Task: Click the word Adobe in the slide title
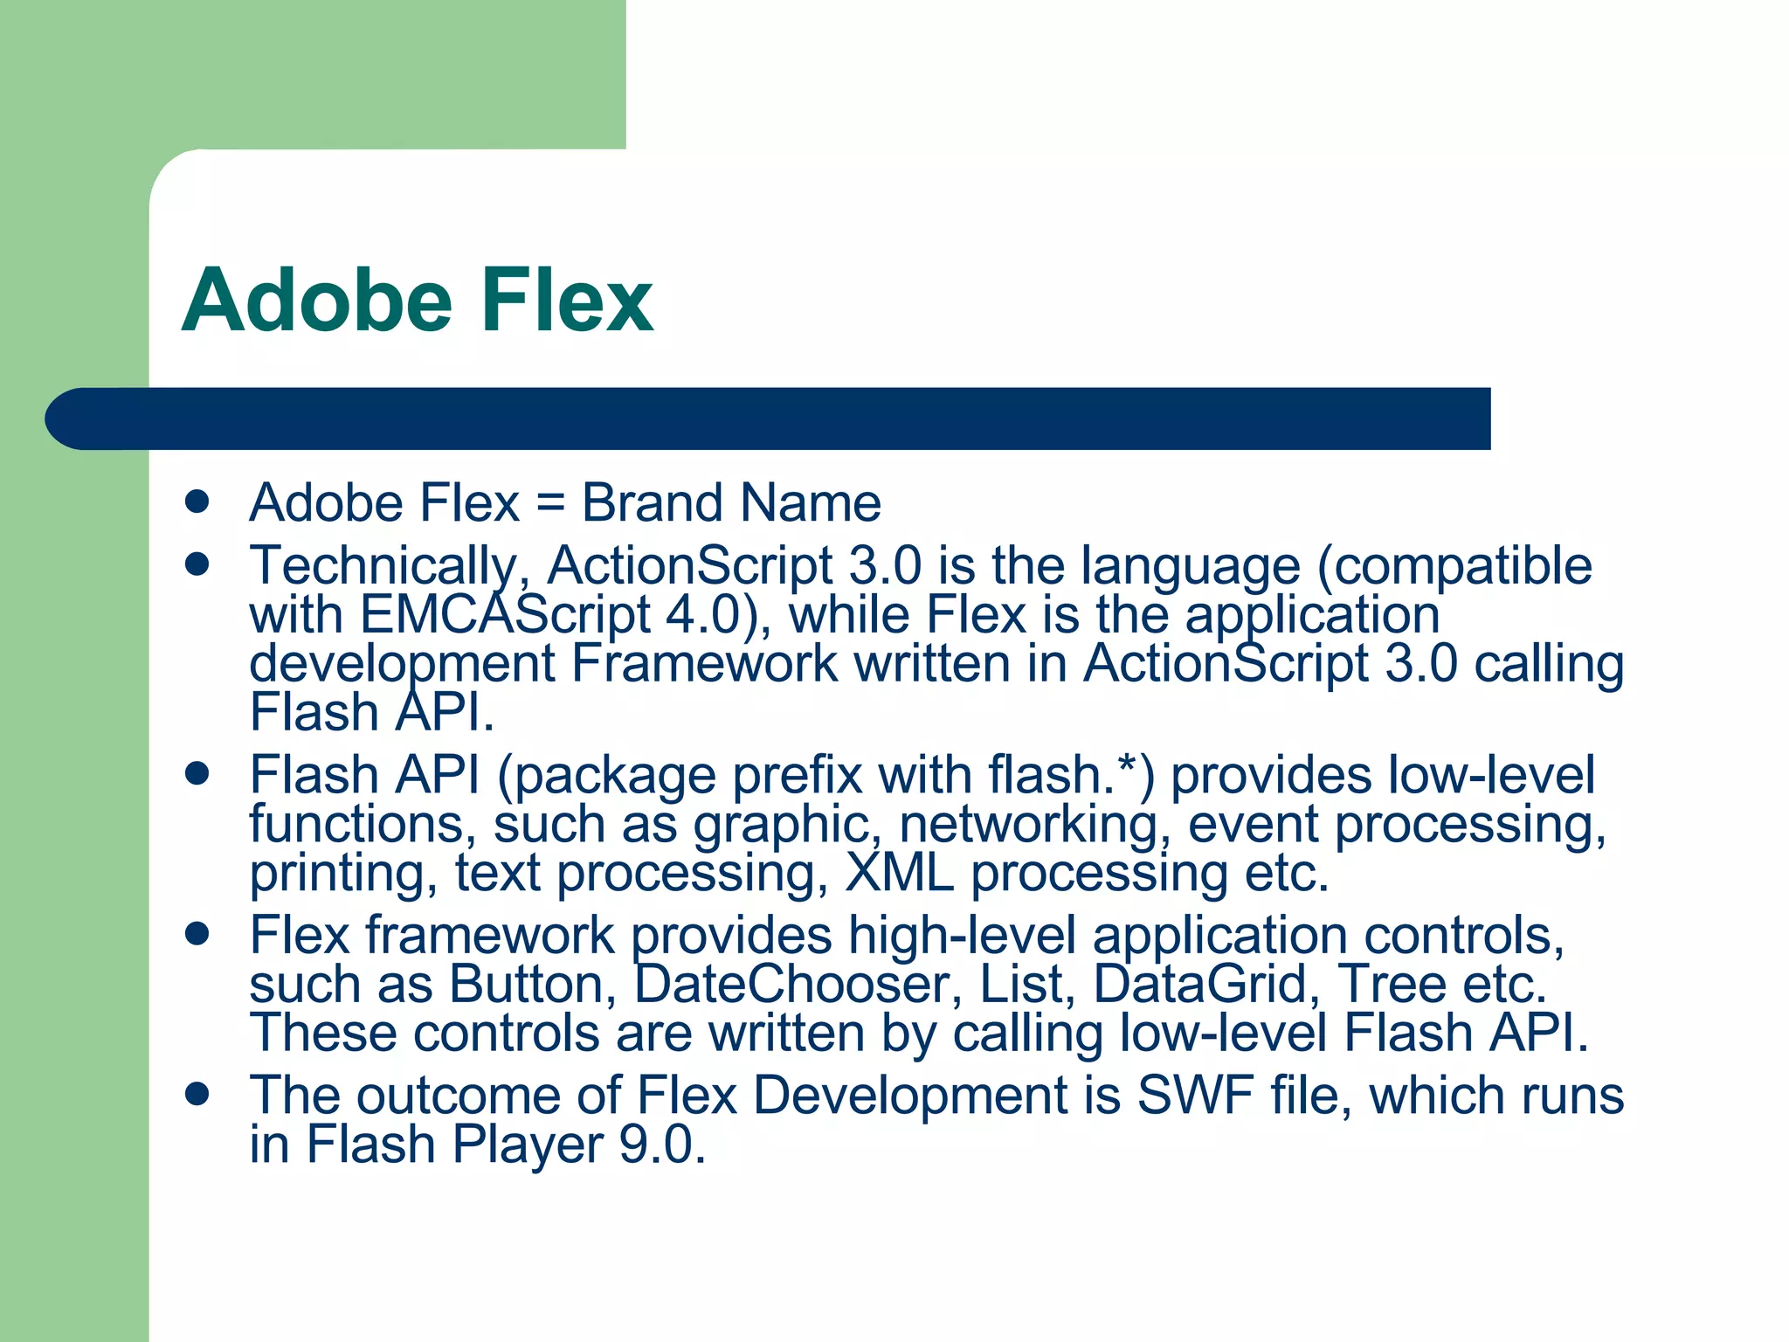(316, 301)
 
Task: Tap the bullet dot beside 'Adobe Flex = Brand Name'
(198, 502)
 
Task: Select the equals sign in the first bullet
(550, 504)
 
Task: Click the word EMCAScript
(505, 615)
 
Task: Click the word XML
(900, 873)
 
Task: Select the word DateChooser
(791, 985)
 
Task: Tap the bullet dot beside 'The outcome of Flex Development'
(198, 1094)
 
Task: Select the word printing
(343, 874)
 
